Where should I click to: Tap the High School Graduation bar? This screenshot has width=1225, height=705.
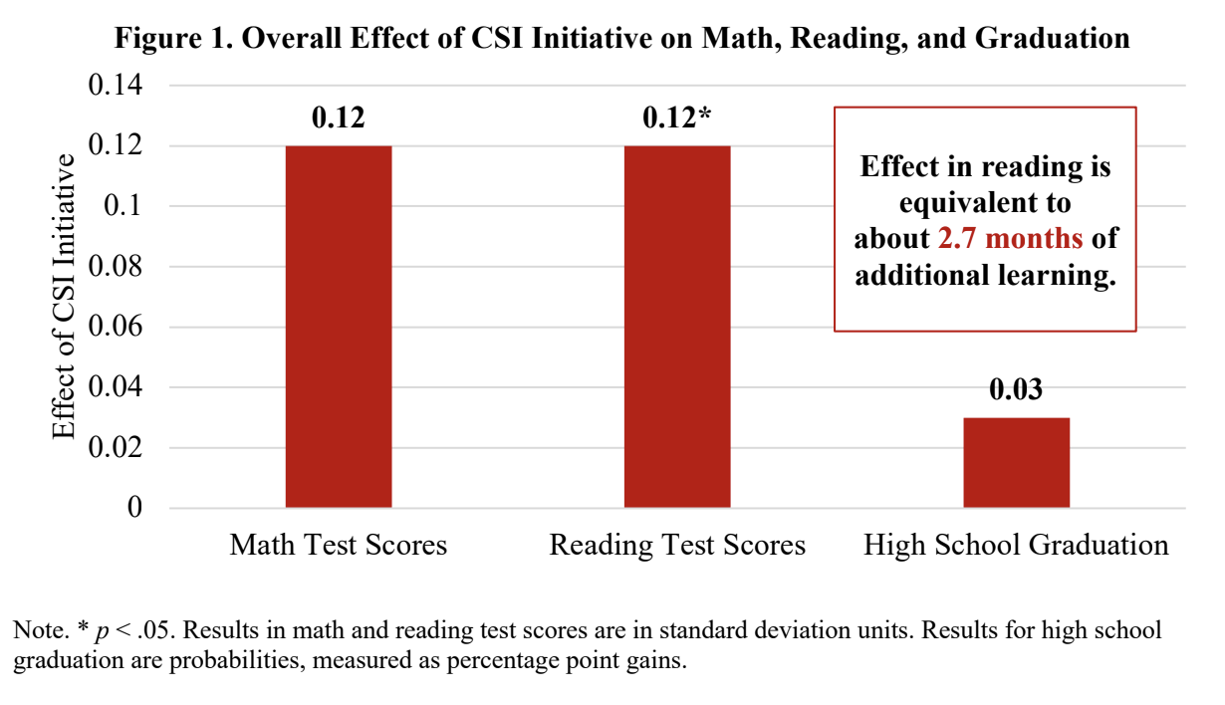pos(1016,462)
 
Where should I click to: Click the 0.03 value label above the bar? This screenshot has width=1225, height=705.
pos(1016,389)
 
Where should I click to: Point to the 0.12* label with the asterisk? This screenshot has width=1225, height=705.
pos(677,117)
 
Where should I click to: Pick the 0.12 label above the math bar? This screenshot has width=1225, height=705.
pos(339,117)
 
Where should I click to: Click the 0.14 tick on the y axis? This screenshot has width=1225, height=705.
pos(117,86)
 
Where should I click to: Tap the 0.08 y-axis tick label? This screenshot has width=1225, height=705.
pos(117,267)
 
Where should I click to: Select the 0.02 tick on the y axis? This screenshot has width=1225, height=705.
pos(117,448)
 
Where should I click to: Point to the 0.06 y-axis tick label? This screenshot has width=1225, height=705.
pos(117,328)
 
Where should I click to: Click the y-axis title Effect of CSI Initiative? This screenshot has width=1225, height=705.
pos(64,297)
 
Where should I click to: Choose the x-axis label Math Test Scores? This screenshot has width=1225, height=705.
pos(339,546)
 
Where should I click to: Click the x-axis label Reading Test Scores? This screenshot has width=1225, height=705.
pos(677,546)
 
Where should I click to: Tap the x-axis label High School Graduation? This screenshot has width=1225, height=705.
pos(1016,546)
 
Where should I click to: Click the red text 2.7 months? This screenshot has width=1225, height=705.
pos(1010,239)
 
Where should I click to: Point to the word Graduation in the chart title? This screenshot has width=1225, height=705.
pos(1052,39)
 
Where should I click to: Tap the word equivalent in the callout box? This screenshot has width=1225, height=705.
pos(985,203)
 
